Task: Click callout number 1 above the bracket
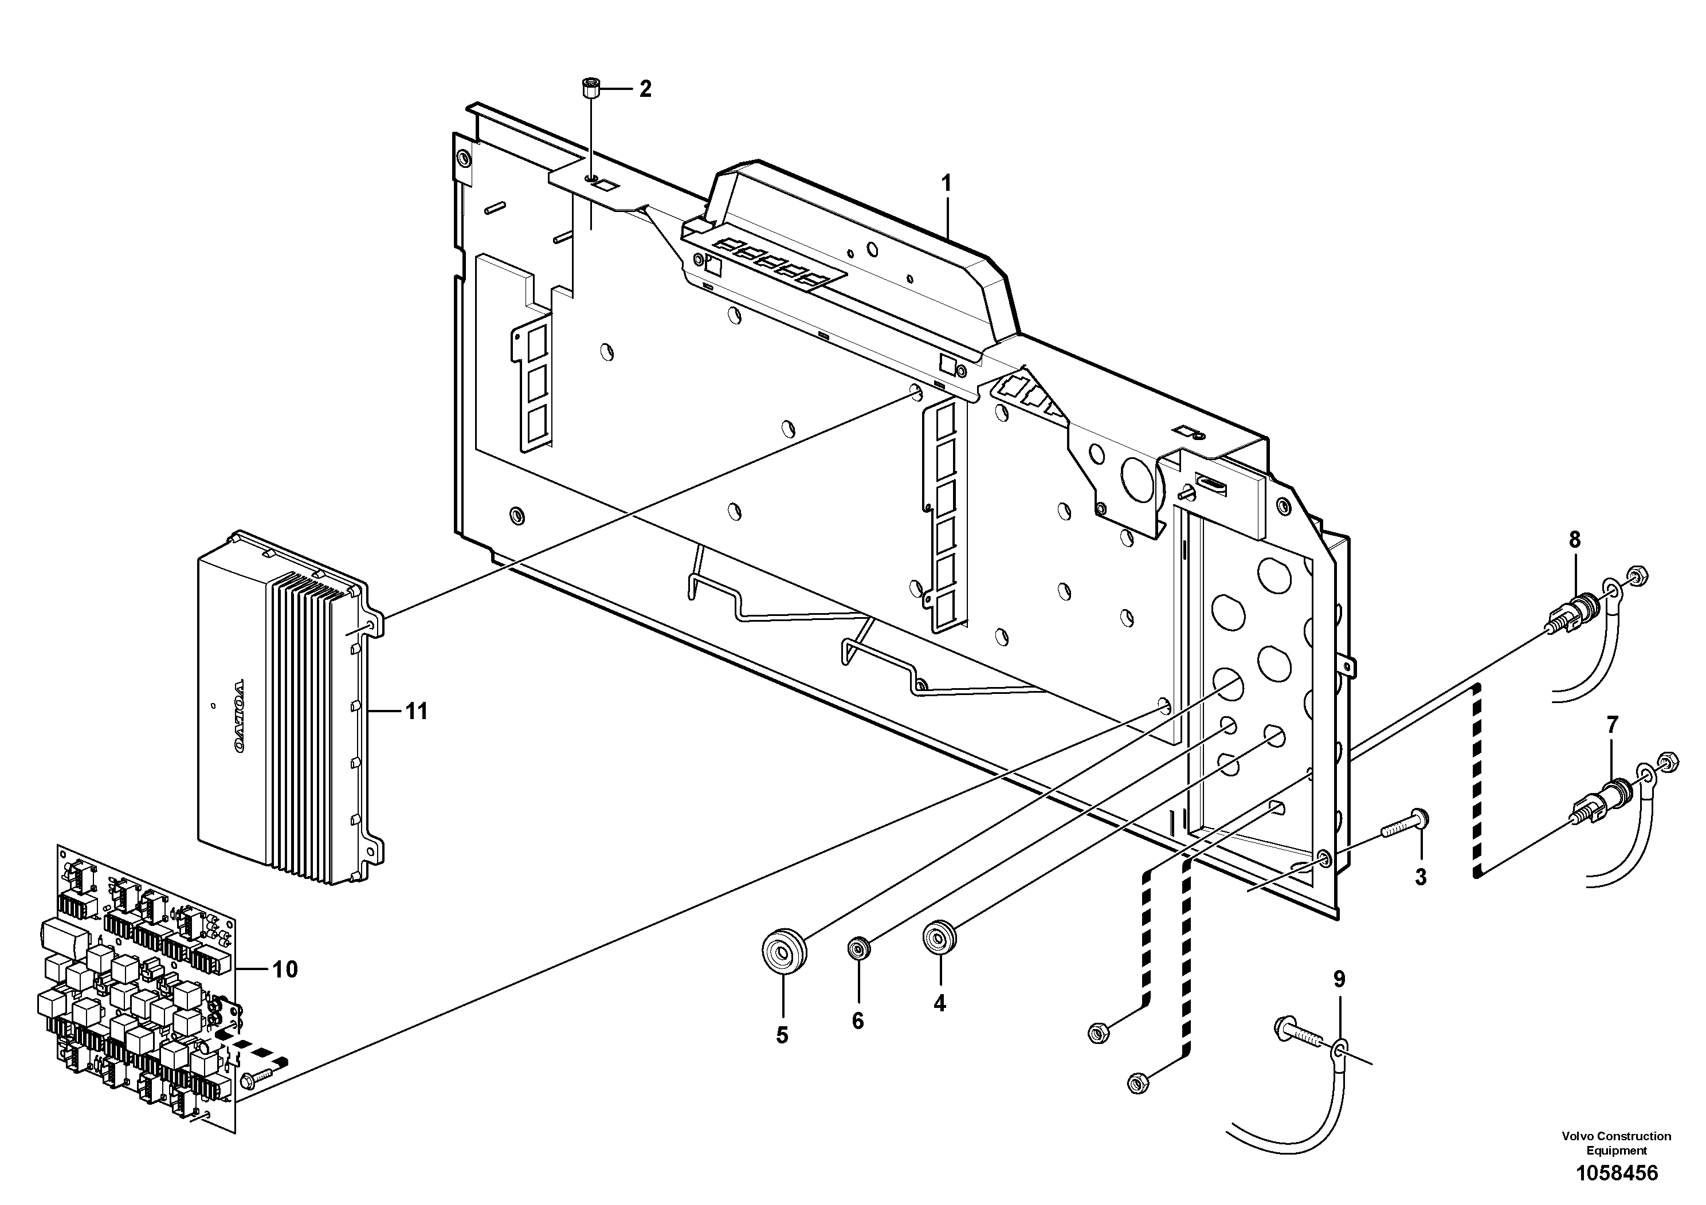point(947,183)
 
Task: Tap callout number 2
point(645,89)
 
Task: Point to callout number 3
point(1420,877)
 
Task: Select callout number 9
point(1338,979)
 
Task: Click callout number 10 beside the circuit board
point(285,970)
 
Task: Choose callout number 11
point(416,712)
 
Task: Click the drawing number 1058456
point(1617,1174)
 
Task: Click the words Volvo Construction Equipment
point(1617,1143)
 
